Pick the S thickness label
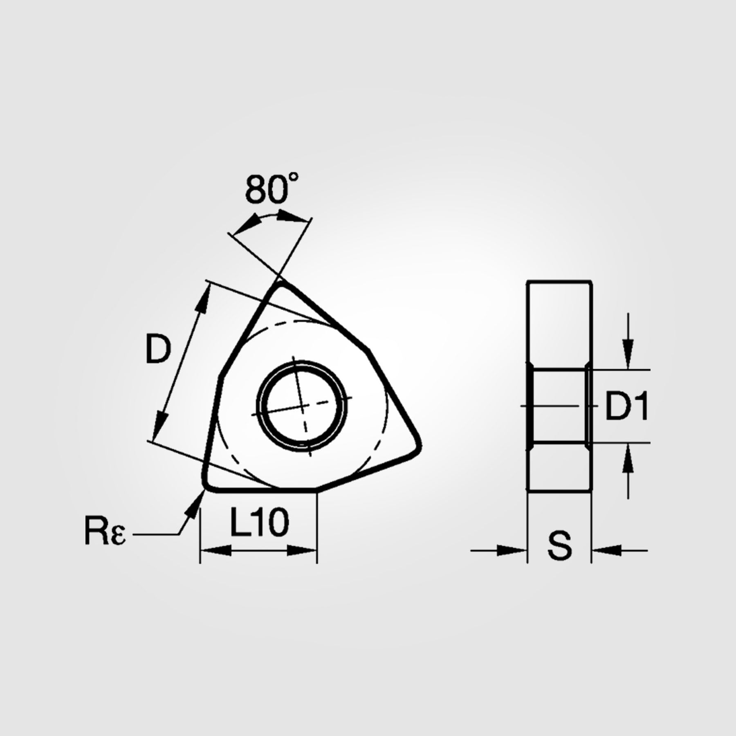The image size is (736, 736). pos(560,545)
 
